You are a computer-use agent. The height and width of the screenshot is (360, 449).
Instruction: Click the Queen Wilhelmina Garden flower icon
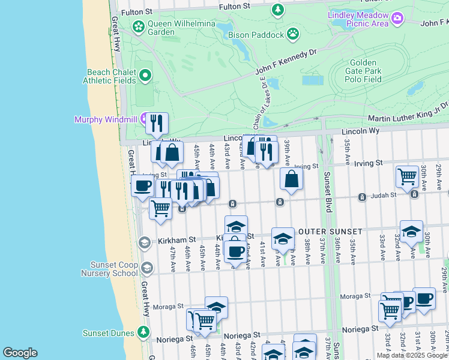coord(139,26)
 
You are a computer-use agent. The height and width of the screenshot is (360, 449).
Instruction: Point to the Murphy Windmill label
coord(105,119)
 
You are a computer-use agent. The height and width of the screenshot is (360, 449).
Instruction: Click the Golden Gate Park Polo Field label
coord(363,71)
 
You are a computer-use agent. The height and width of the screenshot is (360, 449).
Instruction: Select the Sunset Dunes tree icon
coord(143,332)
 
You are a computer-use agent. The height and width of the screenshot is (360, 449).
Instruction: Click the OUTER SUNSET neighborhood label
coord(330,232)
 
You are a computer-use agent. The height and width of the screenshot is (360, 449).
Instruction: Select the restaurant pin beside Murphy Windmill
coord(157,124)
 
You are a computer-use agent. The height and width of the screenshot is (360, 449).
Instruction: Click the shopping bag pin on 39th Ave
coord(291,179)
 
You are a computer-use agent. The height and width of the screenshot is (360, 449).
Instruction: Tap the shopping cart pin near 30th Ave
coord(407,176)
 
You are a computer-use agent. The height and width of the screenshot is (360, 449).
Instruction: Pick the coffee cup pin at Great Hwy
coord(142,186)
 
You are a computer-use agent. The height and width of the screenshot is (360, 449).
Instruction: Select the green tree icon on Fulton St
coord(277,10)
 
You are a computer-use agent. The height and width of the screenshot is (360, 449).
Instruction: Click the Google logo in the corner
coord(20,353)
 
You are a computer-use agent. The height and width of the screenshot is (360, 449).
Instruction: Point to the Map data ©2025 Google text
coord(412,355)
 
